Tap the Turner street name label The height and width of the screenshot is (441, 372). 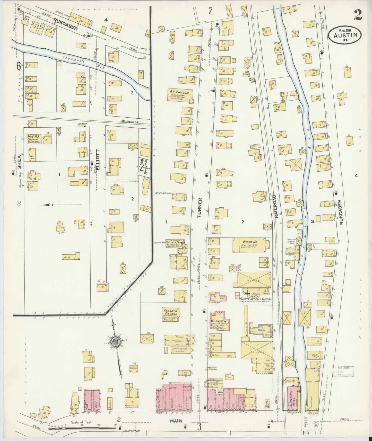(x=200, y=208)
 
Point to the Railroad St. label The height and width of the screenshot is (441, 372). (x=130, y=121)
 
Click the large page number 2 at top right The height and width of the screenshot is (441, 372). (x=358, y=15)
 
